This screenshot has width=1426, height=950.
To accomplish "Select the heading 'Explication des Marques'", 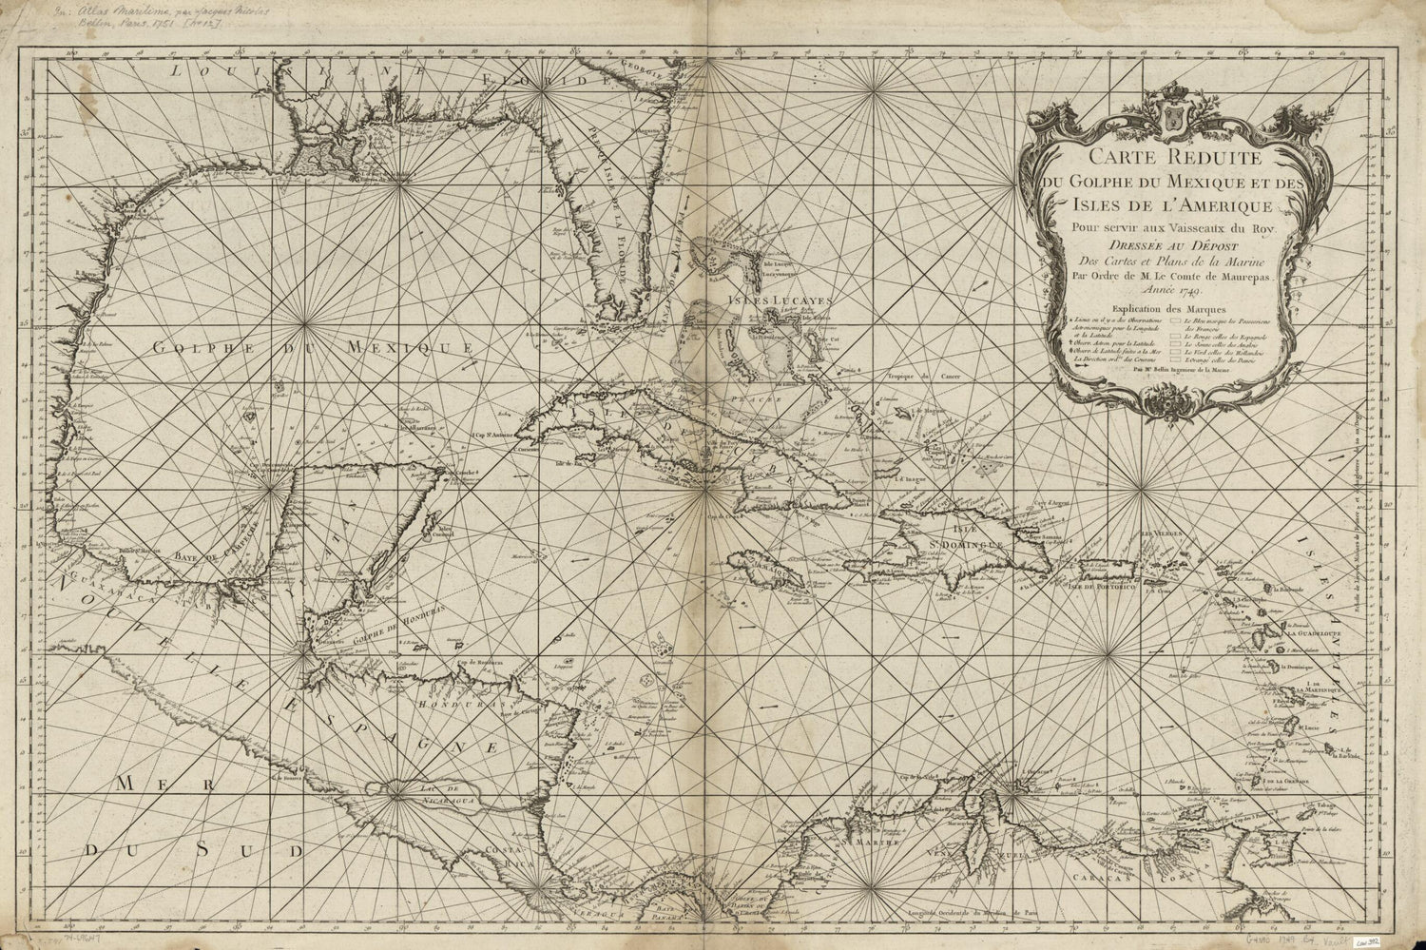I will tap(1152, 309).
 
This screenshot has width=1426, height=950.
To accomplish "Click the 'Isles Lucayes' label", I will tap(780, 301).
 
